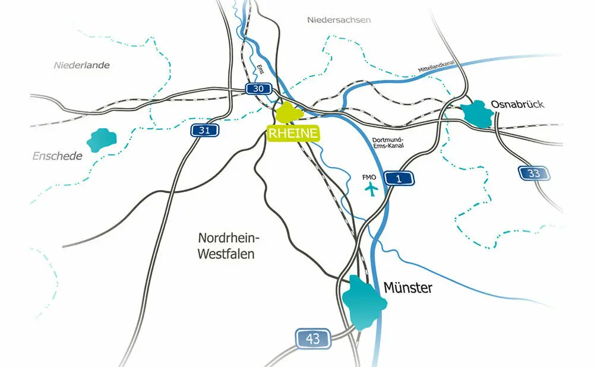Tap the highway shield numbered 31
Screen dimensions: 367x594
tap(204, 130)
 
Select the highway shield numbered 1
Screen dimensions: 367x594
tap(396, 178)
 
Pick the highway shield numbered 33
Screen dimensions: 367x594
tap(533, 173)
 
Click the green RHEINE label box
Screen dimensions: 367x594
tap(293, 134)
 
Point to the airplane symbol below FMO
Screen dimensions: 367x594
tap(372, 189)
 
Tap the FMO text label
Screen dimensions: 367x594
tap(369, 177)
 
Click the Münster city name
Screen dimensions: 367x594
tap(407, 289)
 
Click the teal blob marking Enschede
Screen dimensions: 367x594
tap(102, 140)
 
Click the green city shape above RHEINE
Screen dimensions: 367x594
tap(289, 112)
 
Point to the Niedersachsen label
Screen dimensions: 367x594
tap(339, 20)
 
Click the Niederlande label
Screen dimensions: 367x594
tap(81, 65)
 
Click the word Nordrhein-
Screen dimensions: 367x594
tap(229, 238)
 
